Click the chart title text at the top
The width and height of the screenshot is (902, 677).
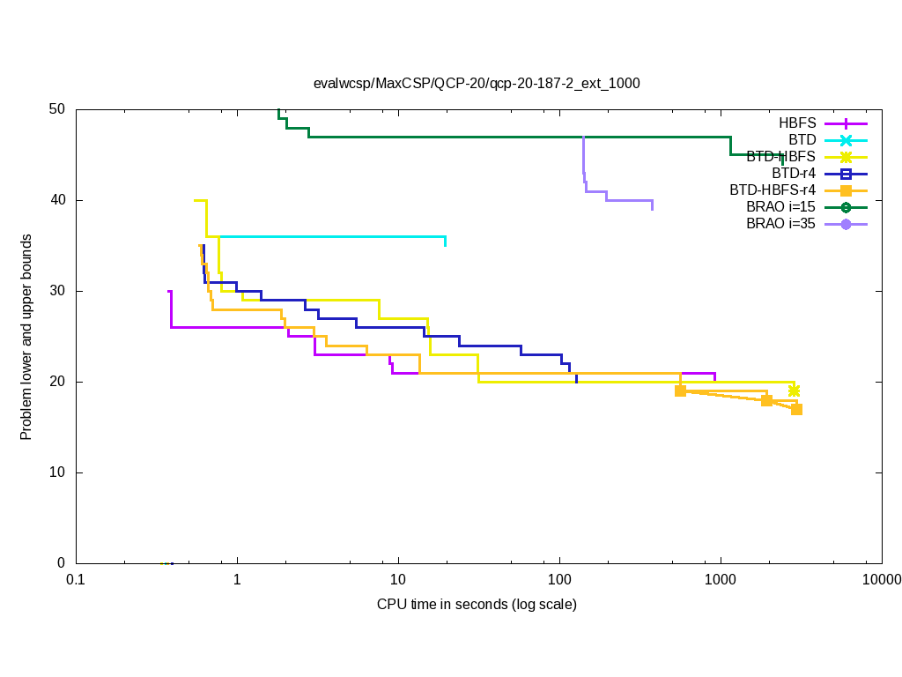(x=477, y=84)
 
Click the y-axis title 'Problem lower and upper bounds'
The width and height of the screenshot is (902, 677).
(x=26, y=338)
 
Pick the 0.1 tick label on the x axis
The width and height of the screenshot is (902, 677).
(x=76, y=579)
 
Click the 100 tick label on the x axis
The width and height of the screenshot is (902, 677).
(x=559, y=579)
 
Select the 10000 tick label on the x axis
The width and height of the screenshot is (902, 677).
(x=881, y=579)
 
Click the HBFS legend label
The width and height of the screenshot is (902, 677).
(x=797, y=123)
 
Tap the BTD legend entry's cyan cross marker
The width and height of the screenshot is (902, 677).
(x=846, y=140)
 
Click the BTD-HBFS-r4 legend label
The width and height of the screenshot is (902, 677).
(x=772, y=190)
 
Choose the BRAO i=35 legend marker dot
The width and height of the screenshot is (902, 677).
(x=846, y=224)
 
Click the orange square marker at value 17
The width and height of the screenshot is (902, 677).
(x=796, y=409)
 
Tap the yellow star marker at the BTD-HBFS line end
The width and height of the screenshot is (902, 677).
(x=794, y=391)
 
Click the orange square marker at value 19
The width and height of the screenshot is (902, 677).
(x=680, y=391)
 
